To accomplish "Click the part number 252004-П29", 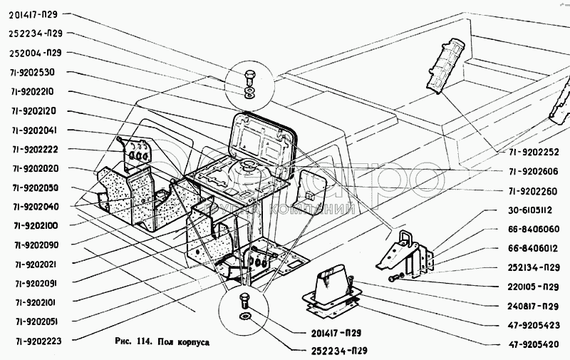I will (x=41, y=53).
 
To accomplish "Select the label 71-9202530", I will (x=38, y=72).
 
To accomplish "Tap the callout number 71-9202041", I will (x=38, y=130).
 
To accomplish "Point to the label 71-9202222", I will (x=38, y=149).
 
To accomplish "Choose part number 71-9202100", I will (x=38, y=225).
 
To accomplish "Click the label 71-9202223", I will (x=38, y=341).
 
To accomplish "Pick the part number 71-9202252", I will (x=530, y=152).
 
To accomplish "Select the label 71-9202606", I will (x=530, y=171).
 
